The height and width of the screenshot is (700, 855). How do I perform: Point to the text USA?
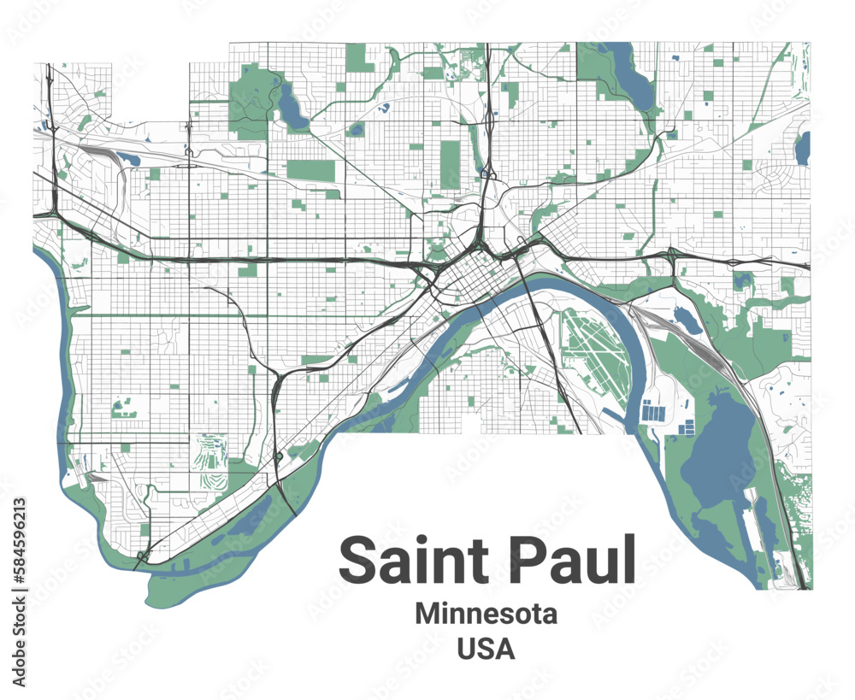(x=486, y=649)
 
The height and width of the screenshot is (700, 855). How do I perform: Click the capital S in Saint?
(x=360, y=559)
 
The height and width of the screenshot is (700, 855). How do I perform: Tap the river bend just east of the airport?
(x=637, y=359)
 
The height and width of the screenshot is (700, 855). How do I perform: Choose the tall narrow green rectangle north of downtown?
(x=450, y=163)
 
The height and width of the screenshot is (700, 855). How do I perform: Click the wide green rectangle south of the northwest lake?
(x=310, y=170)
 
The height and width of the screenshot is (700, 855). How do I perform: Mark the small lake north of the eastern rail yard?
(x=688, y=320)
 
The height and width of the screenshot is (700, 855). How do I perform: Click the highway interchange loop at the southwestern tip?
(x=142, y=556)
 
